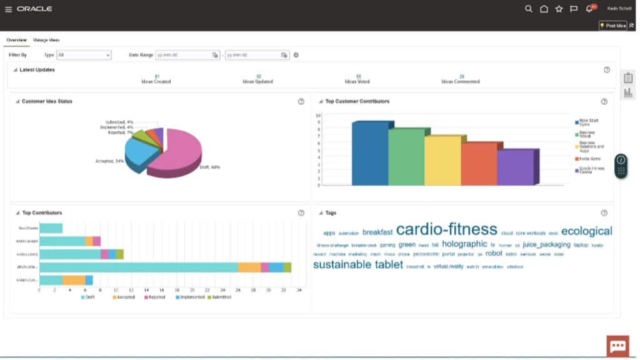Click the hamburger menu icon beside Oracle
coord(8,9)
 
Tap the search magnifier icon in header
coord(528,9)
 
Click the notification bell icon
coord(589,9)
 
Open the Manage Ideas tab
coord(46,40)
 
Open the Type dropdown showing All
coord(83,55)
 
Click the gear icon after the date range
coord(296,55)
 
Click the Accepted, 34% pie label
coord(109,161)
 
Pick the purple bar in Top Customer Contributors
coord(516,167)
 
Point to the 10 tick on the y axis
coord(318,116)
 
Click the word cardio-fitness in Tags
coord(446,229)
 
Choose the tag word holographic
coord(464,244)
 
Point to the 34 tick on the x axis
coord(299,290)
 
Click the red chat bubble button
coord(617,346)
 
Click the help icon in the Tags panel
coord(604,213)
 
